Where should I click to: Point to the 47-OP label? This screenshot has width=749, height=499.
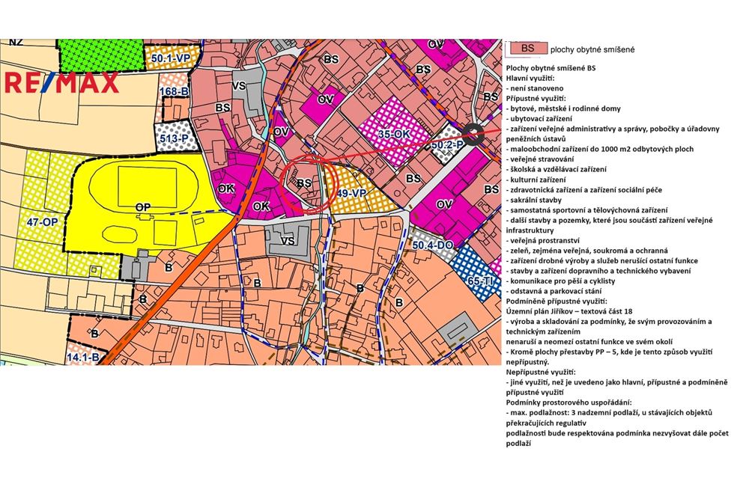pos(43,222)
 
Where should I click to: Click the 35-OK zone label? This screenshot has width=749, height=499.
pos(394,134)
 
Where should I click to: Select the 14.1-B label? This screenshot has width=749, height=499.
pos(83,358)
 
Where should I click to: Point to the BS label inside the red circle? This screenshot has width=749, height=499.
pos(303,182)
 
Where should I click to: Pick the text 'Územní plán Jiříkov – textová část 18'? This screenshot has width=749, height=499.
pos(580,310)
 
